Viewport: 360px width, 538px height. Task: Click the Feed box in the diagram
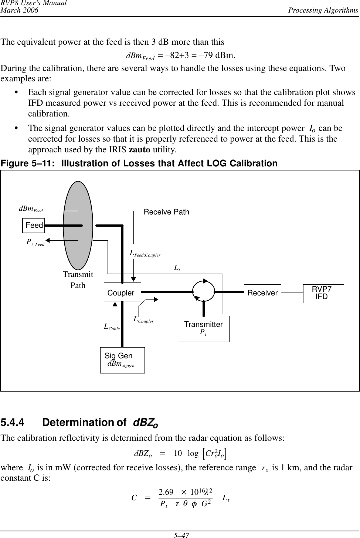[x=34, y=225]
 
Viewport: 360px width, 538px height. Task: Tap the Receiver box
[x=262, y=294]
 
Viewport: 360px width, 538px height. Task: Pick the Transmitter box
[x=203, y=328]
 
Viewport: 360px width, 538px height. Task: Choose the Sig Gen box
[x=122, y=360]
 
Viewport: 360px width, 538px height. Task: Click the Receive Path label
[x=166, y=212]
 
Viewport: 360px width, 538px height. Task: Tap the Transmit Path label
[x=78, y=280]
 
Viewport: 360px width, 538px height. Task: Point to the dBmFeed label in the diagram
[x=31, y=209]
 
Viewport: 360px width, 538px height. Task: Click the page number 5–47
[x=180, y=535]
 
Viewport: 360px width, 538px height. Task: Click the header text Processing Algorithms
[x=325, y=10]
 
